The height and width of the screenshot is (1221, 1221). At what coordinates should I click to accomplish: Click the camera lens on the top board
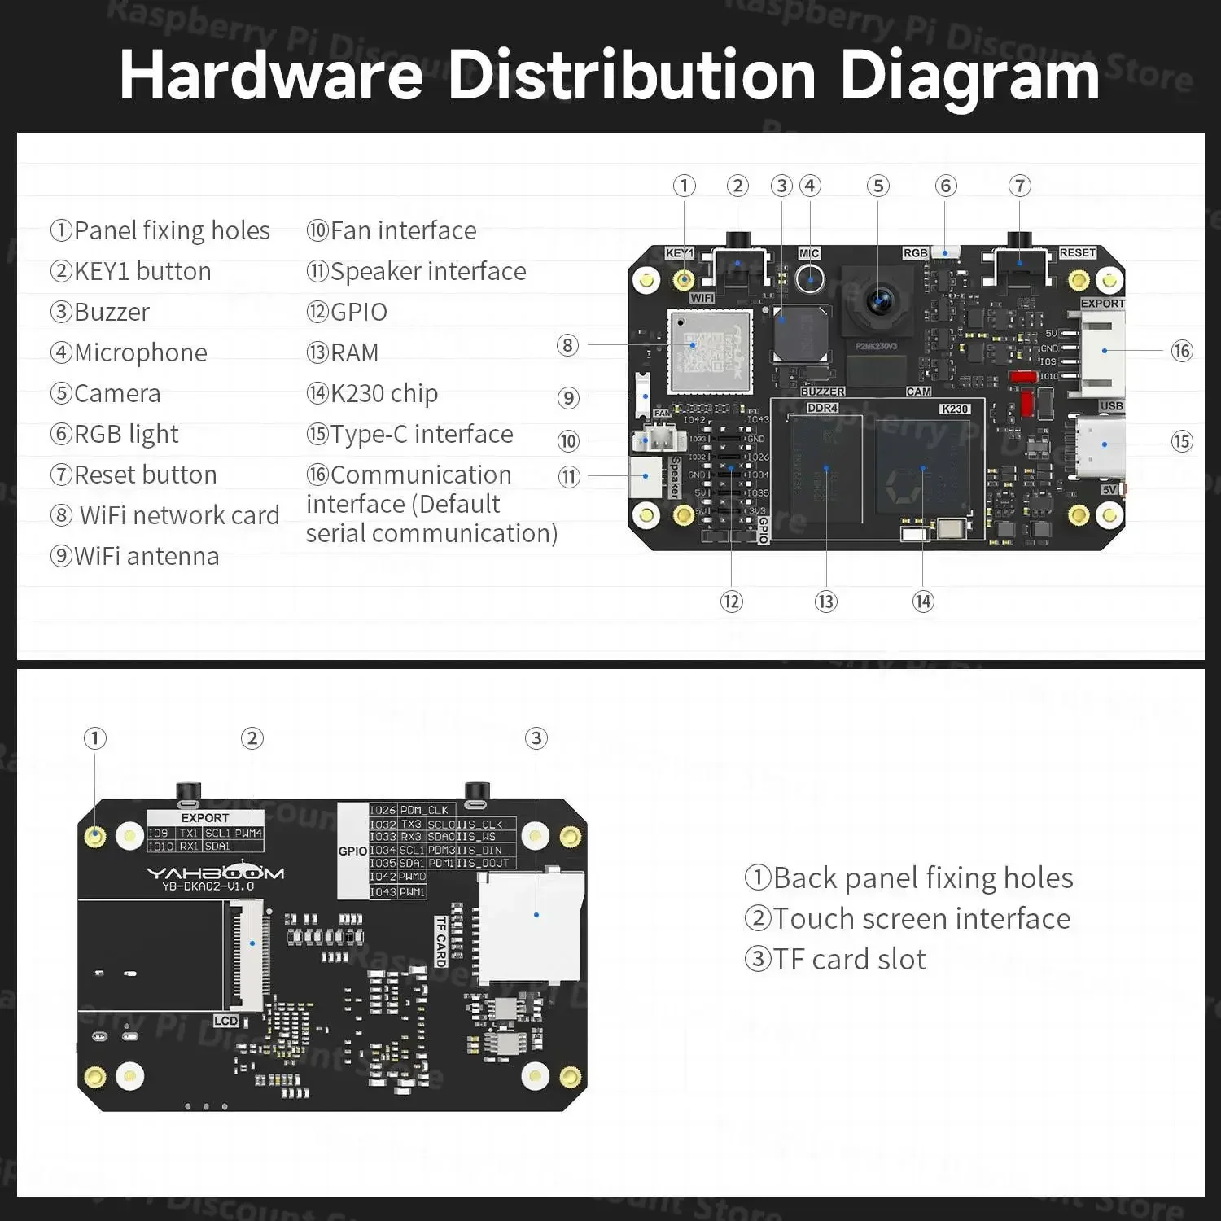tap(879, 300)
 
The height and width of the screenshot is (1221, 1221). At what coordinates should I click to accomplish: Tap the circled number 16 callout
tap(1181, 351)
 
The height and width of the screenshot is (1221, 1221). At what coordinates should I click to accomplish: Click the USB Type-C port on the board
tap(1102, 445)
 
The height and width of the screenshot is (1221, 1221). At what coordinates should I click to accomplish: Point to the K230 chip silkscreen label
tap(954, 409)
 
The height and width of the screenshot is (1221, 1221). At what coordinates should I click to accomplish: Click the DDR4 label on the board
tap(822, 408)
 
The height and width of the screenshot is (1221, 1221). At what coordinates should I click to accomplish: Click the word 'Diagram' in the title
tap(969, 76)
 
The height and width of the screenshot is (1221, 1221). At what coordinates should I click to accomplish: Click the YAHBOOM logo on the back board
tap(215, 873)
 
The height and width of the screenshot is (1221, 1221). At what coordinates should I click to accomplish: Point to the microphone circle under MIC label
tap(810, 279)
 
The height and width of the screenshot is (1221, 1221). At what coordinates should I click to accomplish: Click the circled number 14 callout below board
tap(922, 602)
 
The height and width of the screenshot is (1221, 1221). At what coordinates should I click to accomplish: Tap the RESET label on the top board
tap(1077, 253)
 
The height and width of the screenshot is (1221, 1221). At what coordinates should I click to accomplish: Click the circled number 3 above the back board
tap(536, 738)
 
